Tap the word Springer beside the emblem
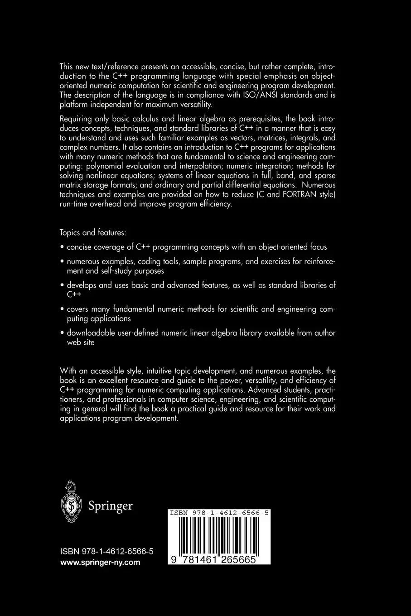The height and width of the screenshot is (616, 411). point(110,506)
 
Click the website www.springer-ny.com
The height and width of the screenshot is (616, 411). point(100,563)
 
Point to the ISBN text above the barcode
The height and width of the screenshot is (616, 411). point(219,513)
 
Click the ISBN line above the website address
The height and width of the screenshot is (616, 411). point(106,551)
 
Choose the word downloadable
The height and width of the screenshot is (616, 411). point(90,333)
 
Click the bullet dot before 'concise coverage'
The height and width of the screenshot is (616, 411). point(62,247)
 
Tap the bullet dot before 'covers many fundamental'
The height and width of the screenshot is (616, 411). point(62,309)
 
